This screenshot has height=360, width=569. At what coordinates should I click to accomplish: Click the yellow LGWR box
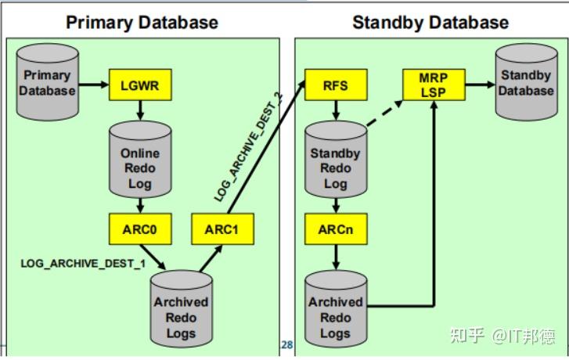[x=139, y=84]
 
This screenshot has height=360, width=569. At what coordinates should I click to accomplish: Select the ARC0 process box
[x=139, y=230]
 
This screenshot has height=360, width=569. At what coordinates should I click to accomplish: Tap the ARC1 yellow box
[x=223, y=230]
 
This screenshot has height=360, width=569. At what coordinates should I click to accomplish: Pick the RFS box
[x=335, y=84]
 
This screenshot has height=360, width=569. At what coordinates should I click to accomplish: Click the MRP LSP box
[x=433, y=85]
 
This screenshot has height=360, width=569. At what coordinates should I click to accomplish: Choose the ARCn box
[x=335, y=230]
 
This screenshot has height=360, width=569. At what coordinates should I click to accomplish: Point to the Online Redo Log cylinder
[x=139, y=160]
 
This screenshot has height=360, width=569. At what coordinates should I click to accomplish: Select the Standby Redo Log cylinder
[x=335, y=161]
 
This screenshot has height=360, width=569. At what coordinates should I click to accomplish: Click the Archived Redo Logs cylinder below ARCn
[x=335, y=313]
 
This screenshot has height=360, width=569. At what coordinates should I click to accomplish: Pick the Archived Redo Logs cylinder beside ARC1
[x=181, y=314]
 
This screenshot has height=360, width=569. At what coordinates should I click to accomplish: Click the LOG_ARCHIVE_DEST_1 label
[x=83, y=263]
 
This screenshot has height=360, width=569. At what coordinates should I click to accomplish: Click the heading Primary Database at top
[x=142, y=22]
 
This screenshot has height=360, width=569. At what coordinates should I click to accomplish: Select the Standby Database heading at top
[x=430, y=22]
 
